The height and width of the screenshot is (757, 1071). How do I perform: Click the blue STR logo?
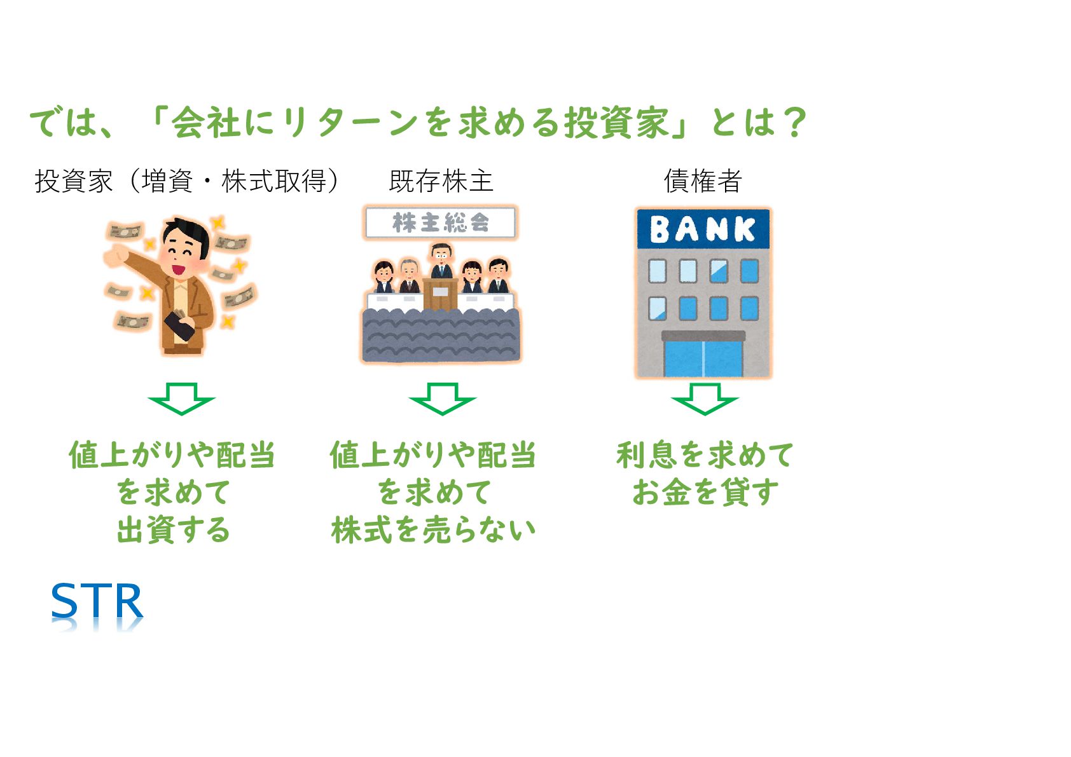pyautogui.click(x=97, y=601)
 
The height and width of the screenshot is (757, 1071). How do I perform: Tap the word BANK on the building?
pyautogui.click(x=703, y=229)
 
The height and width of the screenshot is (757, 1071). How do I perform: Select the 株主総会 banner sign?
pyautogui.click(x=440, y=222)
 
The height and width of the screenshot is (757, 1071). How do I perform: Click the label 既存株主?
pyautogui.click(x=441, y=181)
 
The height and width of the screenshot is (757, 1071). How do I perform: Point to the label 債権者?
pyautogui.click(x=703, y=181)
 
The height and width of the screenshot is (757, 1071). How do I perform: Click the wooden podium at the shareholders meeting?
pyautogui.click(x=440, y=294)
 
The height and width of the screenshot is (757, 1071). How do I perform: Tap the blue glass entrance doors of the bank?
pyautogui.click(x=703, y=358)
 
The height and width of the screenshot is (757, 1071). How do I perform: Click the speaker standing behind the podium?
pyautogui.click(x=441, y=261)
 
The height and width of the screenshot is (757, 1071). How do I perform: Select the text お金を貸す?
pyautogui.click(x=705, y=492)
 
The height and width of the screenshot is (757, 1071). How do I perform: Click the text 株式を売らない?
pyautogui.click(x=434, y=529)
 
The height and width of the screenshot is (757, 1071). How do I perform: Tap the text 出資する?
pyautogui.click(x=173, y=529)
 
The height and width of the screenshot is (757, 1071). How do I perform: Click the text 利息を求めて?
pyautogui.click(x=705, y=455)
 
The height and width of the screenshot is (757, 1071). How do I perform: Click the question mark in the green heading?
pyautogui.click(x=795, y=122)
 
